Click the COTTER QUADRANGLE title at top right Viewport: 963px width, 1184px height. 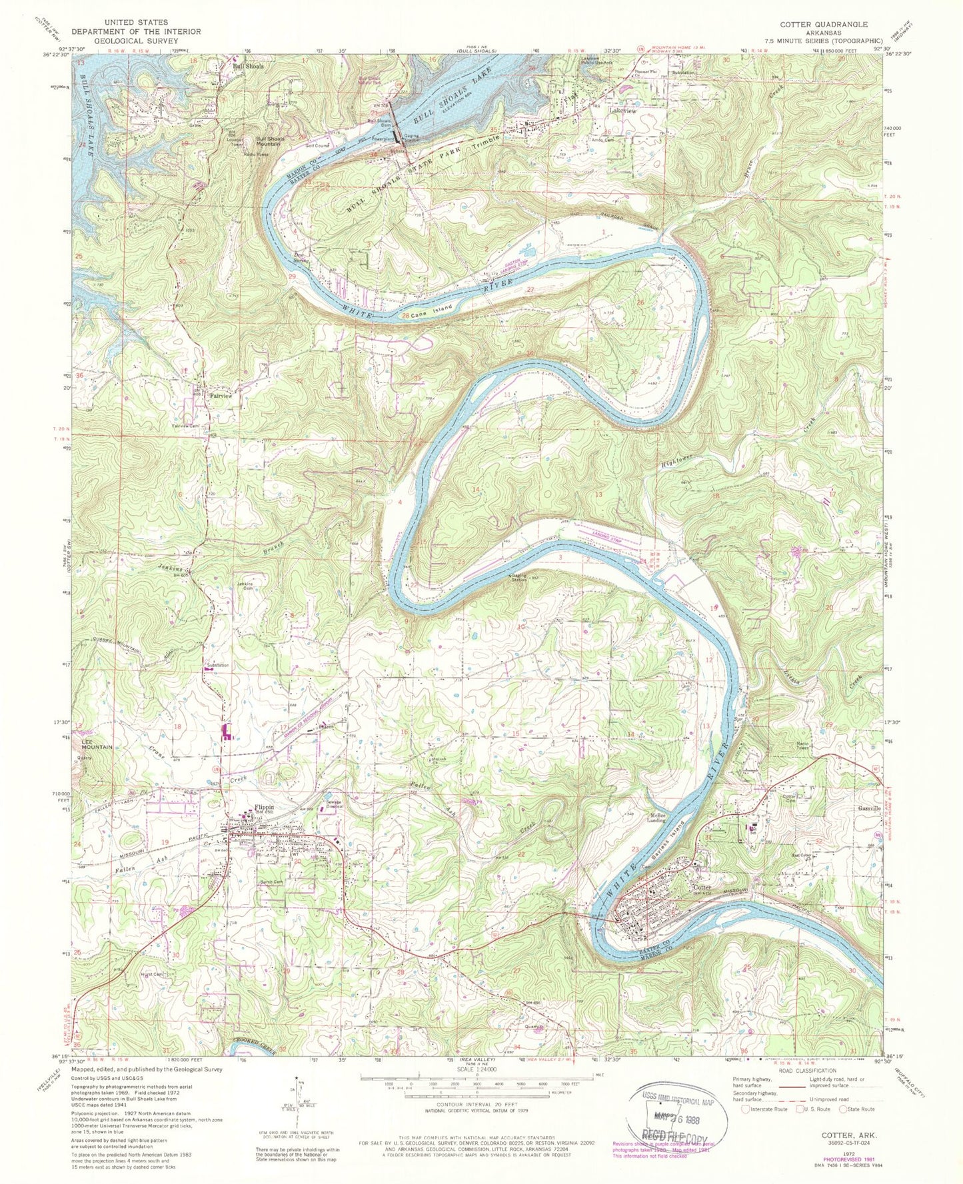824,24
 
